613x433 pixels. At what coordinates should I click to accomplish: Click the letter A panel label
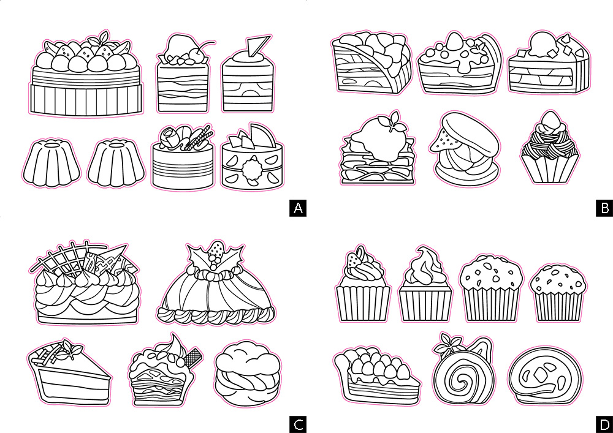pos(298,208)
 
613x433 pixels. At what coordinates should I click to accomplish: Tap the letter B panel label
pos(604,208)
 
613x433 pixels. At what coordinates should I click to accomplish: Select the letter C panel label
pos(298,424)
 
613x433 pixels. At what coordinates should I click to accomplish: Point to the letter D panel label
pos(604,424)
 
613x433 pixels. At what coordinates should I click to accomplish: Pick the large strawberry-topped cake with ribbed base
pos(86,74)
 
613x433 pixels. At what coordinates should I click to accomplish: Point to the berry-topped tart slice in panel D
pos(376,375)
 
